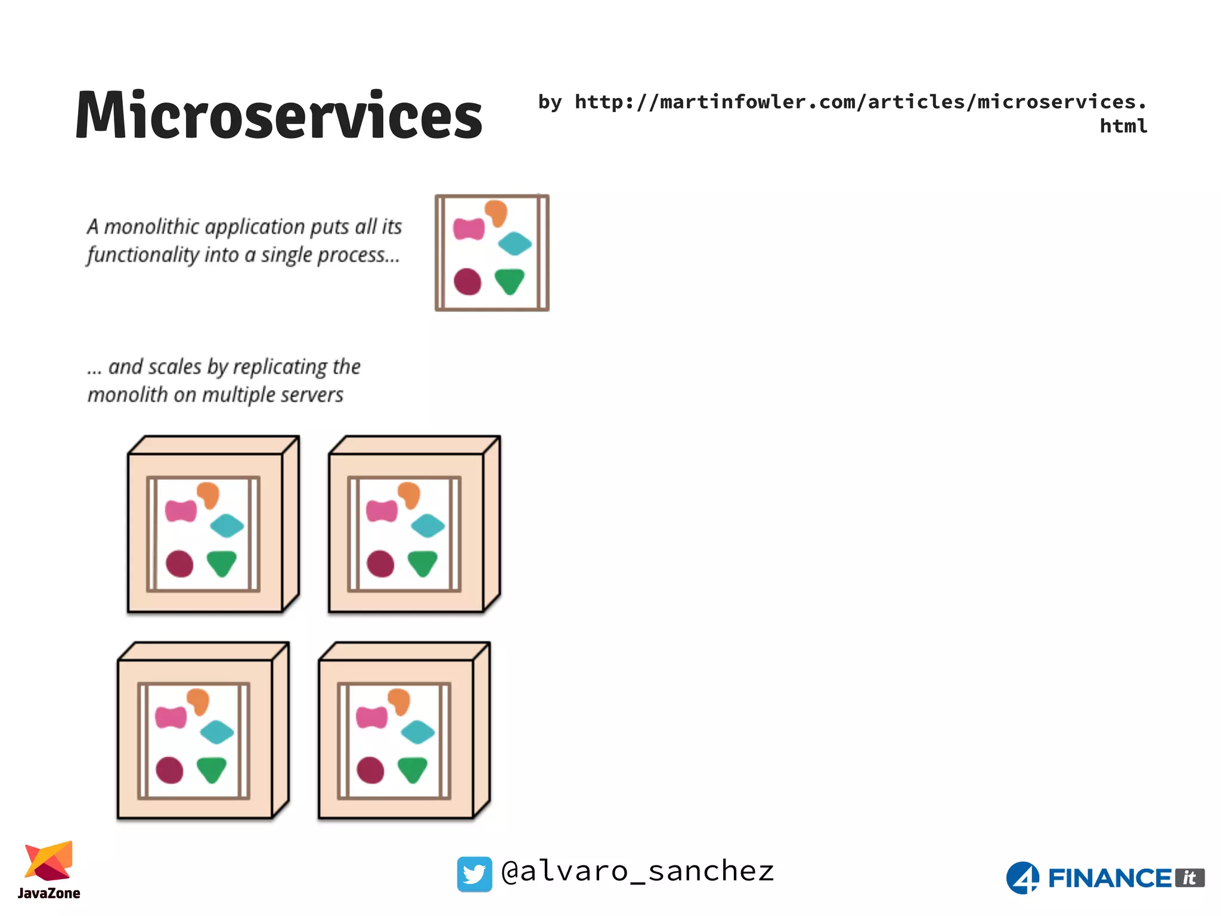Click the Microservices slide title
click(278, 115)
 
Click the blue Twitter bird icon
click(474, 874)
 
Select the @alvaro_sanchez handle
click(637, 871)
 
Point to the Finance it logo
click(1105, 878)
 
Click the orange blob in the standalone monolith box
click(496, 212)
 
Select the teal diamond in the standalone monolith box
click(515, 243)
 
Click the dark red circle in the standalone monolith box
click(467, 281)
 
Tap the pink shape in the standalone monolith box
click(469, 228)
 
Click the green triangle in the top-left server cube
click(222, 563)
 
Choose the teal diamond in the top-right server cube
click(428, 525)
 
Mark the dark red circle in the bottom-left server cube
click(169, 770)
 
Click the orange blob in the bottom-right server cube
click(399, 700)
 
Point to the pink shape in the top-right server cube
click(382, 511)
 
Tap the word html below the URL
click(1123, 126)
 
